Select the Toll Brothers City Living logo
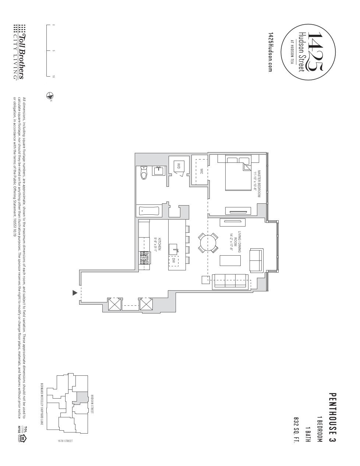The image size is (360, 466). [x=20, y=52]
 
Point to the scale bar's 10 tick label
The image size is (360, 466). [x=54, y=77]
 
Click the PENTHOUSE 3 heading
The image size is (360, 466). [x=332, y=417]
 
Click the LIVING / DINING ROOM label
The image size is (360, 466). [x=235, y=243]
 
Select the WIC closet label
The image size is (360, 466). [x=201, y=172]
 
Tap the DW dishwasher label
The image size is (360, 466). [x=174, y=260]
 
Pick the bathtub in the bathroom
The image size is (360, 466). [x=149, y=211]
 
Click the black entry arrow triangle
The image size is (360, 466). [x=75, y=293]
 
